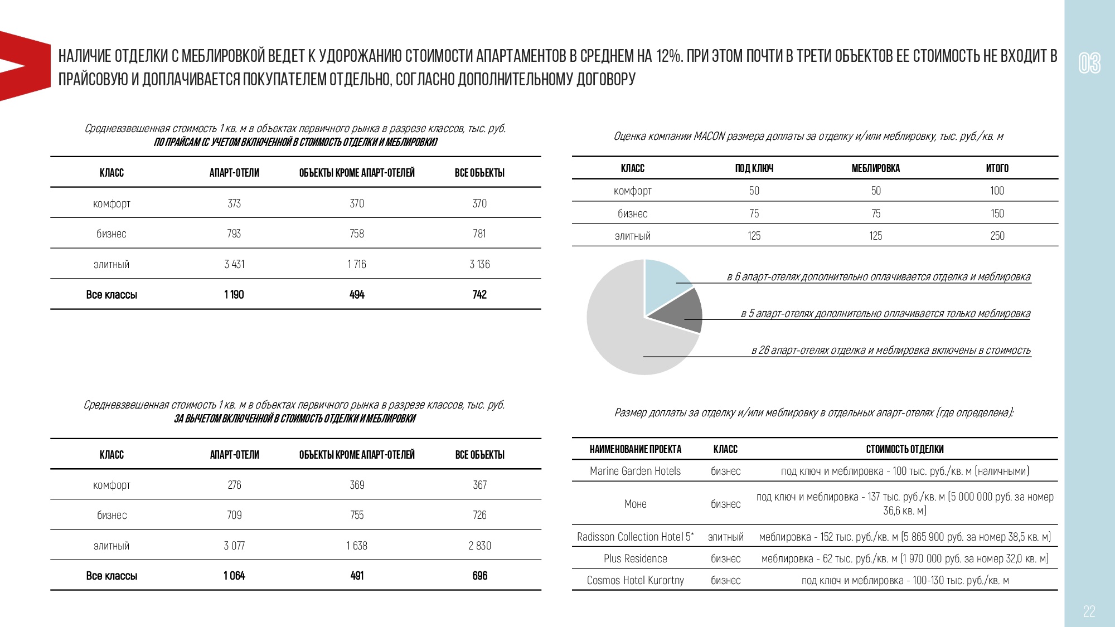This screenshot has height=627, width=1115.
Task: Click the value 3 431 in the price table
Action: coord(234,264)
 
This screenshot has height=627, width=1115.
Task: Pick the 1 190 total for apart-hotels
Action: coord(234,295)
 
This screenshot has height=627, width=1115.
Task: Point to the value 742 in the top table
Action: coord(479,295)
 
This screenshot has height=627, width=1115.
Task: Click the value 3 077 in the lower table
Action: coord(234,546)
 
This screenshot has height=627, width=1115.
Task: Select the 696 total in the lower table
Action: coord(479,576)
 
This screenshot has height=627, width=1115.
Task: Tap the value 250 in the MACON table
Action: coord(997,236)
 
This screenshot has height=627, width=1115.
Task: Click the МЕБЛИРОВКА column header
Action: coord(875,168)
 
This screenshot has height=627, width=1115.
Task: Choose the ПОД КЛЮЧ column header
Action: coord(754,168)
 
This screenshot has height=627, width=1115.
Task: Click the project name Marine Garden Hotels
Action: coord(635,471)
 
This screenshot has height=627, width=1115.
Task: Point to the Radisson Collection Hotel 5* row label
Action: coord(635,537)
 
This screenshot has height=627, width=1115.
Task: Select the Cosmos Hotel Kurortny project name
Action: coord(635,580)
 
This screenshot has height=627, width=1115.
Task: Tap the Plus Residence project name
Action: coord(635,558)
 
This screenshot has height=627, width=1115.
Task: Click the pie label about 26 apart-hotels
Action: coord(890,350)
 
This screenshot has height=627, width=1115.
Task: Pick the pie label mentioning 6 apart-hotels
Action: coord(878,276)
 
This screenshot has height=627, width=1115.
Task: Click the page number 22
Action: coord(1089,611)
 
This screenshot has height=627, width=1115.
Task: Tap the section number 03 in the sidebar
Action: coord(1089,63)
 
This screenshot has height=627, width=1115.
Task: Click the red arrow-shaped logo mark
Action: coord(22,66)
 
